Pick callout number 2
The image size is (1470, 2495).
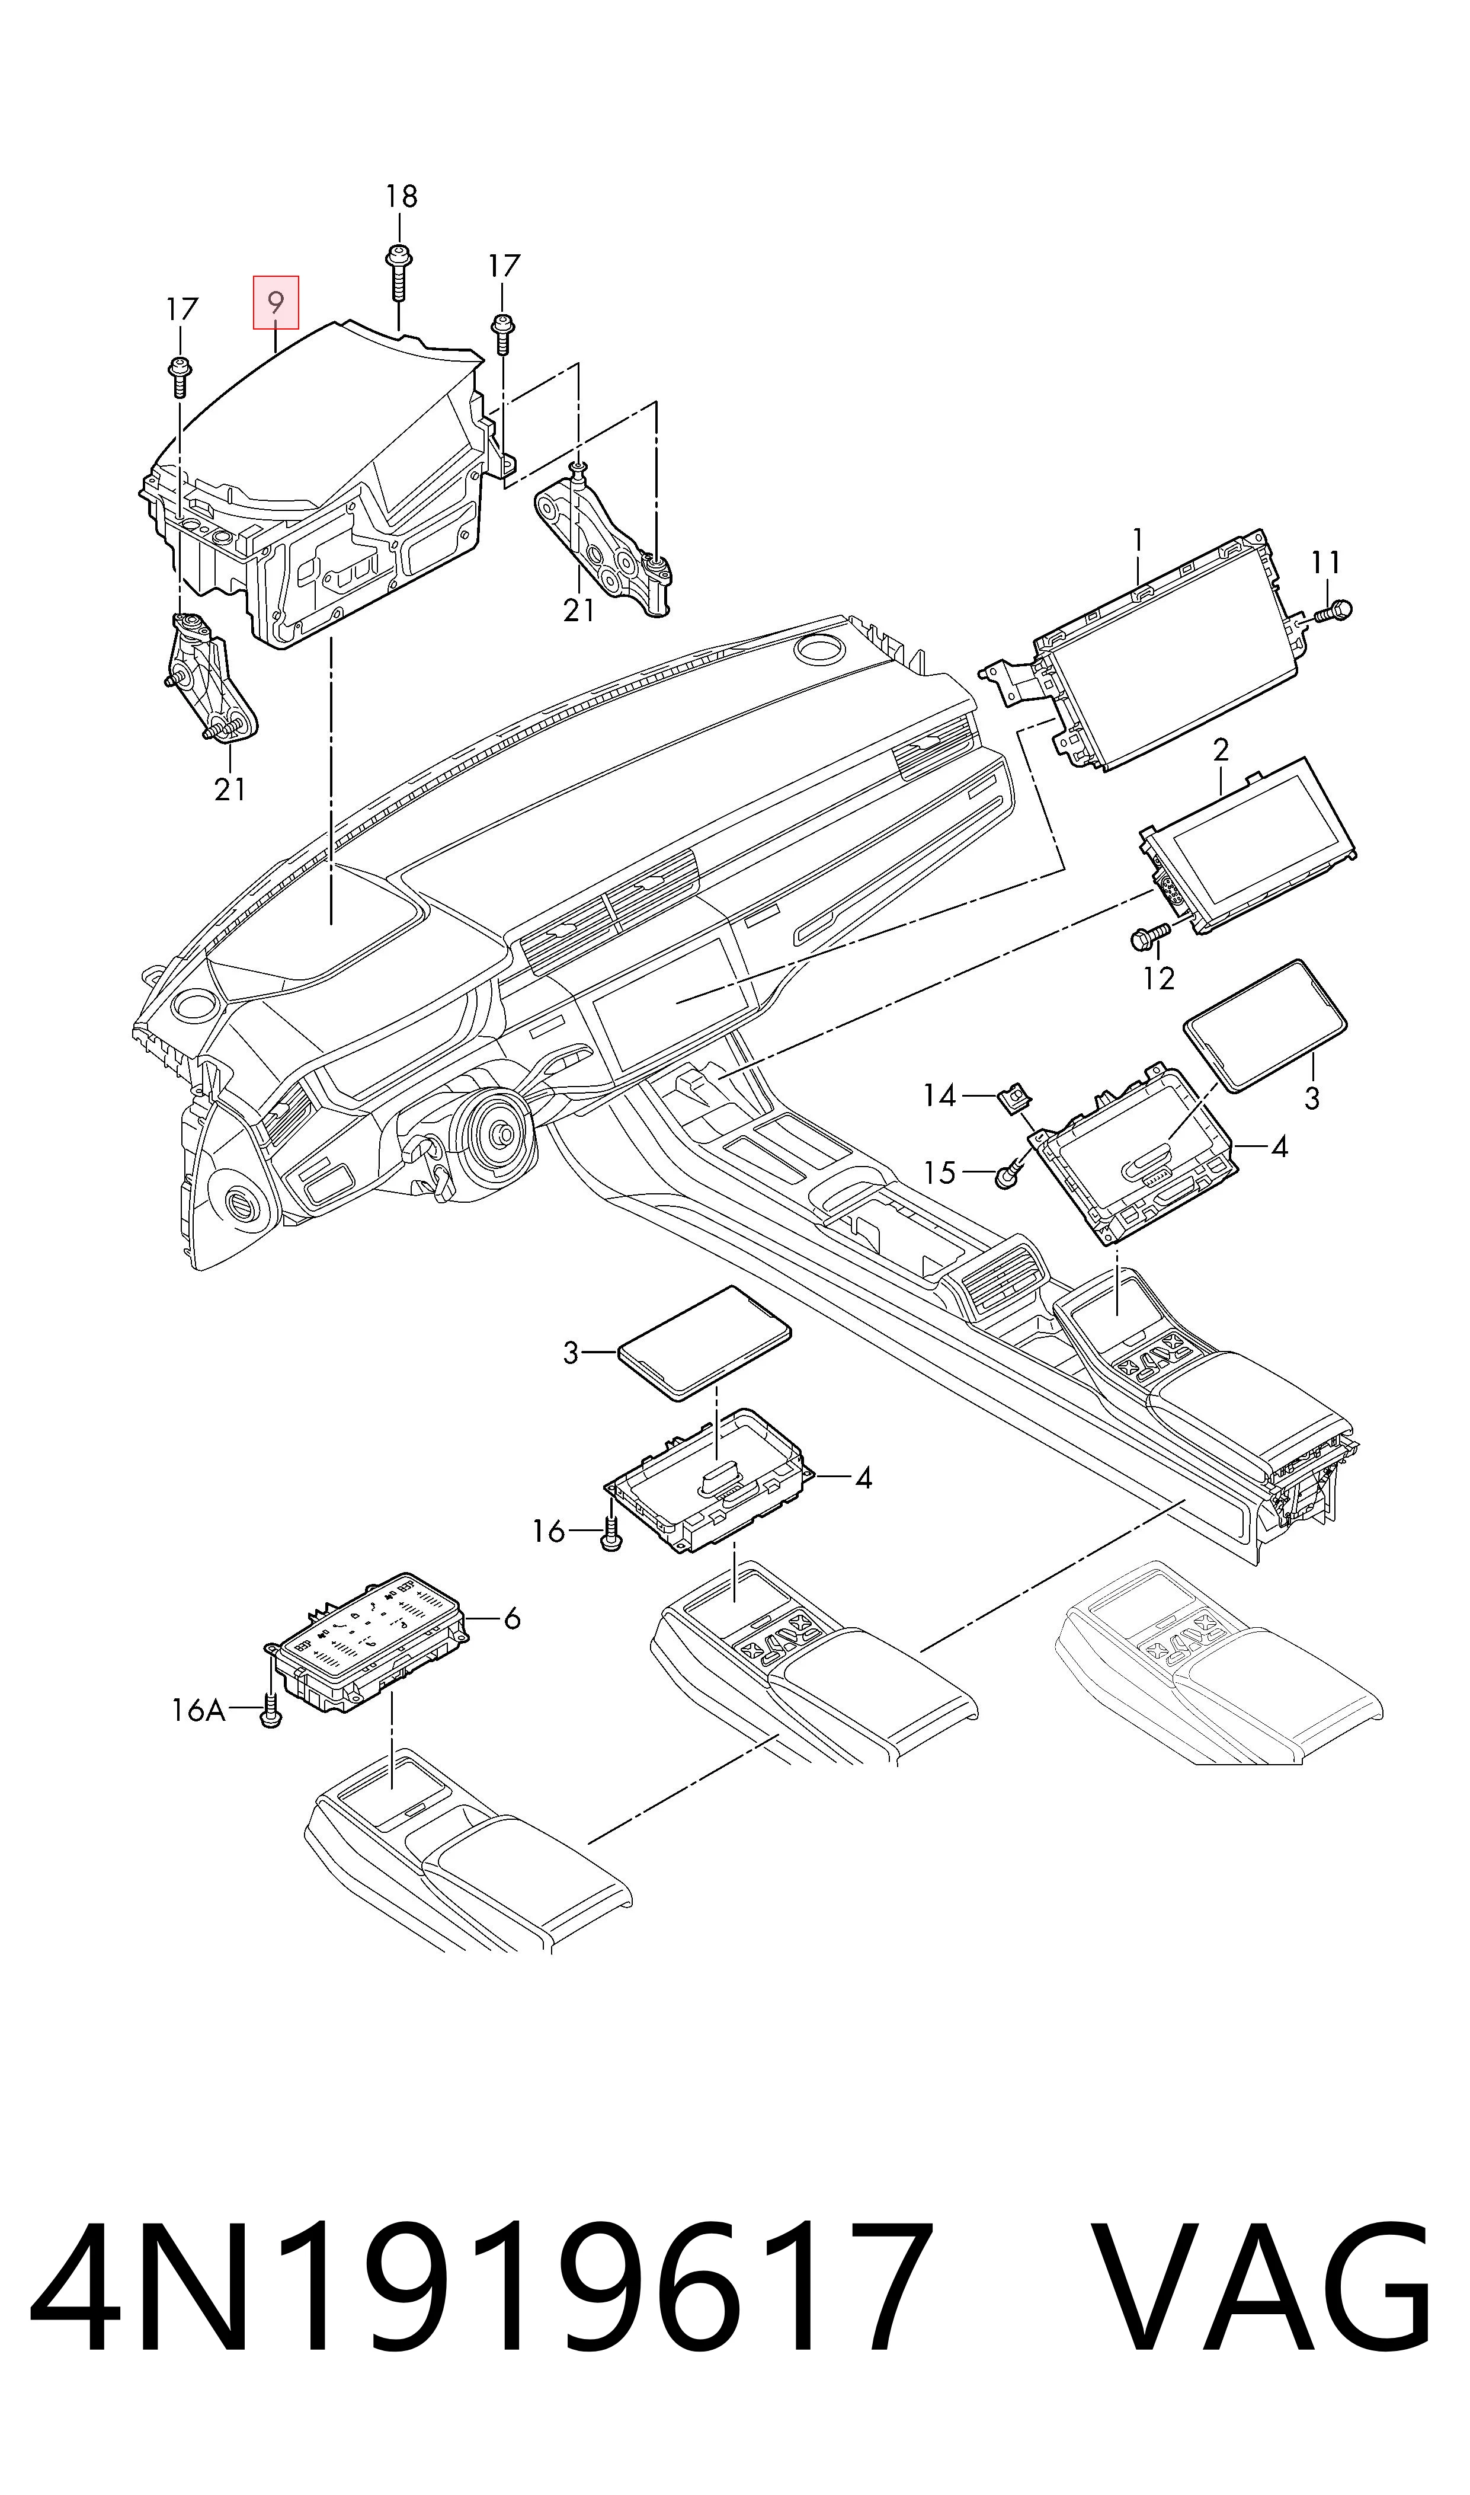click(x=1221, y=750)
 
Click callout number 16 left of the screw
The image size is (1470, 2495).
click(x=548, y=1532)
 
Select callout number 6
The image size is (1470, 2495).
click(x=512, y=1619)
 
